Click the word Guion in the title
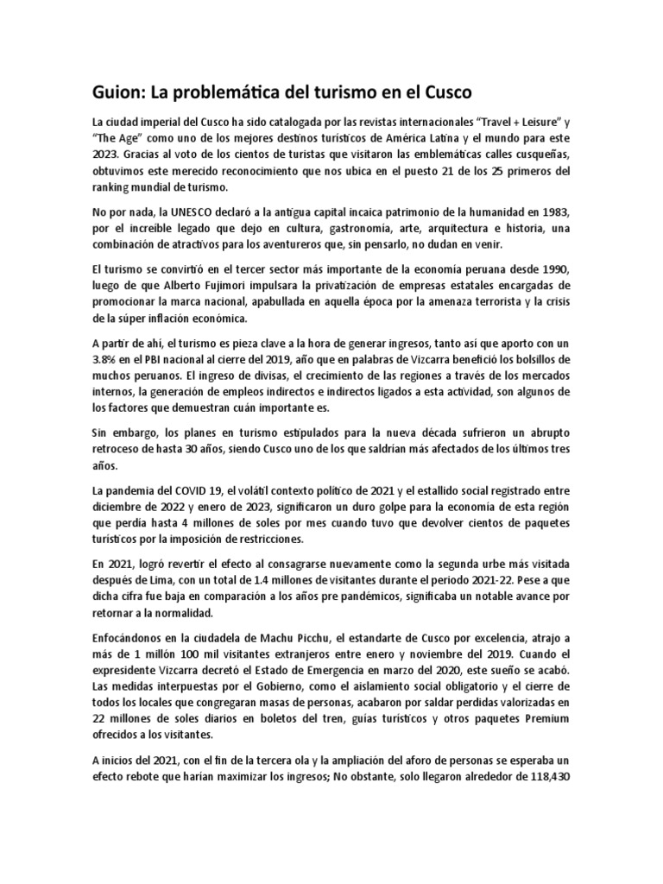[123, 90]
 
